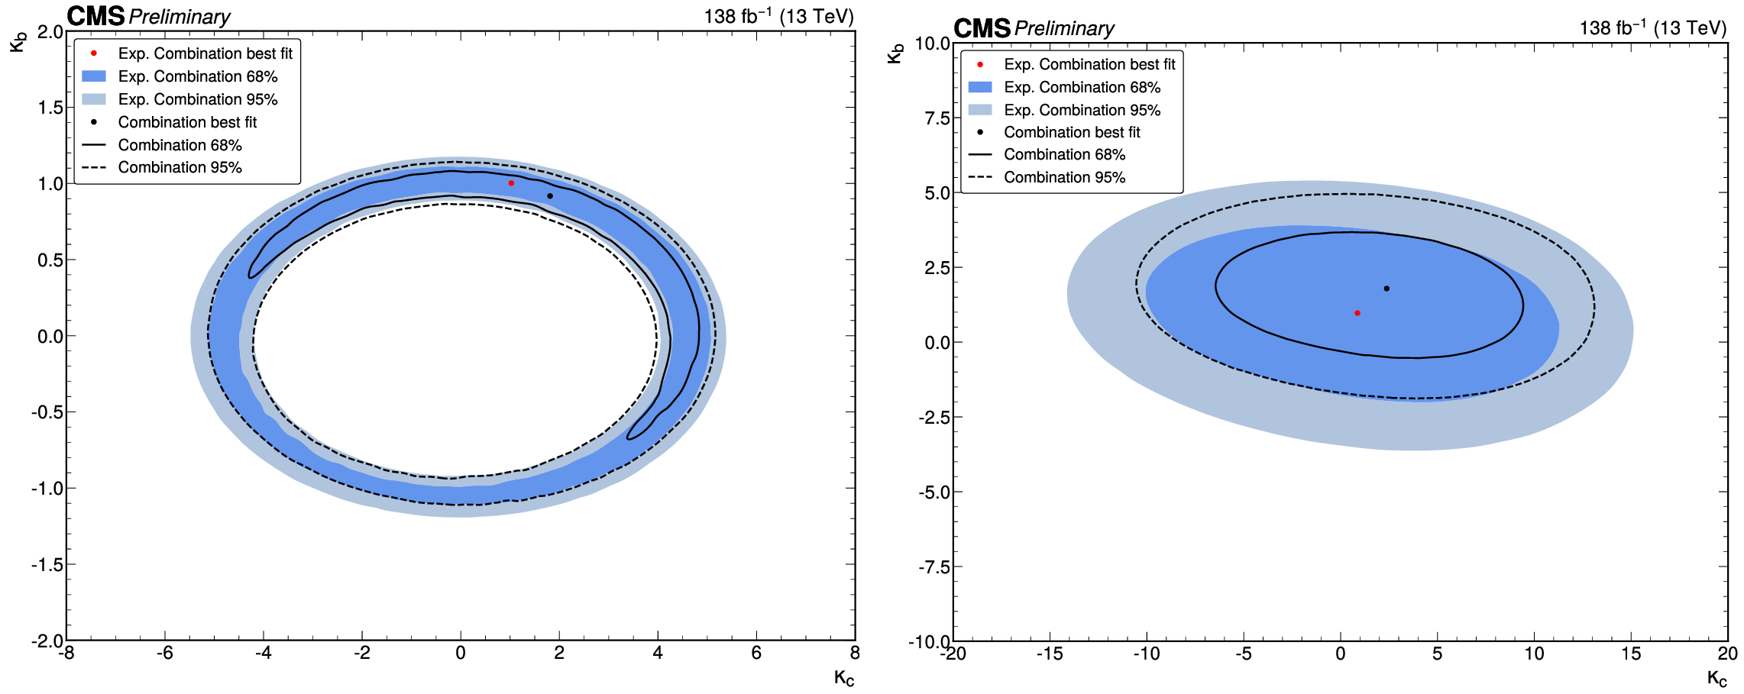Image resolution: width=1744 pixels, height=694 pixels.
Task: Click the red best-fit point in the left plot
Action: pos(511,183)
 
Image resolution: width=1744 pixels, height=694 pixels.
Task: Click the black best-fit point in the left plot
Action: pos(550,196)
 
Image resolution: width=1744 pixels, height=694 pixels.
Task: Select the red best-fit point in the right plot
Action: pos(1357,313)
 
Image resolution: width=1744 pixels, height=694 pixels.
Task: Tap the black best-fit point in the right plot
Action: pos(1386,289)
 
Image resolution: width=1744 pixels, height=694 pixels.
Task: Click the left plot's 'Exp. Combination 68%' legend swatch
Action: pos(93,76)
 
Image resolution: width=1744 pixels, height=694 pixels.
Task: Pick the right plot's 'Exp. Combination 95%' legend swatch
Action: pos(979,110)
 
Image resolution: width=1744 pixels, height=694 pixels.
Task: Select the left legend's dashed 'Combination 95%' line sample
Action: pos(93,167)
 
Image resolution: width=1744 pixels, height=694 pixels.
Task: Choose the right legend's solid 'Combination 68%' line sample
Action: pos(979,154)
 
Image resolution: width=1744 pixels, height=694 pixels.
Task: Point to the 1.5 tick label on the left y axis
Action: pos(51,108)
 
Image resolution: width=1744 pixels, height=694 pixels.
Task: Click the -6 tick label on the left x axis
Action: pos(165,654)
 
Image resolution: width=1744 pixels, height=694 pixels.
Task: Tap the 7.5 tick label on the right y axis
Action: pos(937,118)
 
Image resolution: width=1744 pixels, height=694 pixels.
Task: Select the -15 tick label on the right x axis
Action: pos(1050,654)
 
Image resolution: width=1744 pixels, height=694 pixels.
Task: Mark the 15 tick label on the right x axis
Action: pos(1631,654)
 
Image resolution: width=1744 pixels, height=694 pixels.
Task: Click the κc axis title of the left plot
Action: pos(843,677)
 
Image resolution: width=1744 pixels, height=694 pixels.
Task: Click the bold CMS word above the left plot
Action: pos(95,16)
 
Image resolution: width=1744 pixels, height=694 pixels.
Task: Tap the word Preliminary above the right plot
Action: pos(1064,29)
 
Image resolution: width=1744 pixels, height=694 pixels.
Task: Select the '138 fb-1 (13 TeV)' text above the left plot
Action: pos(778,16)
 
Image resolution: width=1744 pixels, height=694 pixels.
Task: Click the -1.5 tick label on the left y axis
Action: pos(47,565)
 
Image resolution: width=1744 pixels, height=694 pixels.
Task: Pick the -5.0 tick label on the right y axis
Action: pos(934,492)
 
